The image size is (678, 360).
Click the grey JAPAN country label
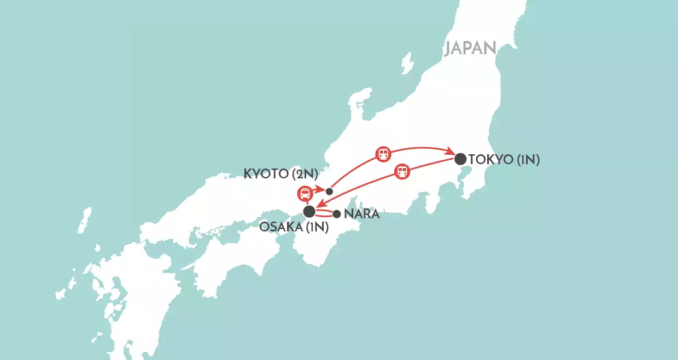470,48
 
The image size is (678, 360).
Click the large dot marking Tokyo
460,159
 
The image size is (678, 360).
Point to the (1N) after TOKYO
528,160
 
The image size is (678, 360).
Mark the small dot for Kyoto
329,191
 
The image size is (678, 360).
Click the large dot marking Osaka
309,211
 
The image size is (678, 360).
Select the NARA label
361,214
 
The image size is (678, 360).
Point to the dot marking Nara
337,214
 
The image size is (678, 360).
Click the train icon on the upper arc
383,154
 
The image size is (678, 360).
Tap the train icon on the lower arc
402,172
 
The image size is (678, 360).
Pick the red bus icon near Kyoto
305,193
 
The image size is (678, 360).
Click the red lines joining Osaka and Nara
324,213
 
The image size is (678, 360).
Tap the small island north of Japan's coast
407,63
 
